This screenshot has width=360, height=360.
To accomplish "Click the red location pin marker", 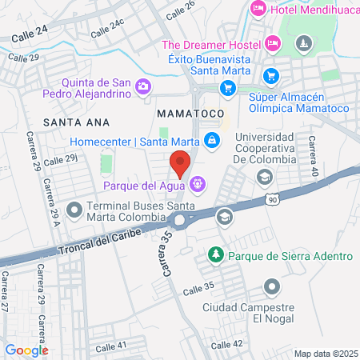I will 180,162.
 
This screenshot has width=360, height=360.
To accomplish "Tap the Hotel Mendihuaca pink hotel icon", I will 258,9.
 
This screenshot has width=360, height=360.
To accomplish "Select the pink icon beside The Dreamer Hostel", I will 272,42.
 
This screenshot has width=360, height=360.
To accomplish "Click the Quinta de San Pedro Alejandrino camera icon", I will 143,86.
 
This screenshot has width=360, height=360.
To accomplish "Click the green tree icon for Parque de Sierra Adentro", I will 215,255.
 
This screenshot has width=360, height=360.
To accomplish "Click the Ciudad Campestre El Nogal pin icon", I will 272,286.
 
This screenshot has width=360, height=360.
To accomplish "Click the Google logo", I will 26,350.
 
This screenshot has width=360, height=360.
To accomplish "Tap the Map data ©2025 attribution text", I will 325,353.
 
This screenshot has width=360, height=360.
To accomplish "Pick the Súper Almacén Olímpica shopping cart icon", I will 270,77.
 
